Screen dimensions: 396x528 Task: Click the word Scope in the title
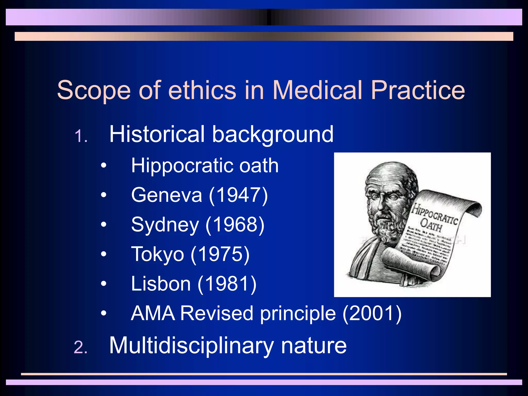[x=94, y=90]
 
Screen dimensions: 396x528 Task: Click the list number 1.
[x=80, y=136]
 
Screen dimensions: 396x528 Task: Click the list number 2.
[x=80, y=348]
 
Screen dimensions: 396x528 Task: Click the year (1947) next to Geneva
[x=238, y=195]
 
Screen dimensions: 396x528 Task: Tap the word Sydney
[x=165, y=225]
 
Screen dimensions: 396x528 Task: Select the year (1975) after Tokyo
[x=220, y=254]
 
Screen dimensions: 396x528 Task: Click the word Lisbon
[x=161, y=284]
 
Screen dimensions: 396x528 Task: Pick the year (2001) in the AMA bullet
[x=372, y=313]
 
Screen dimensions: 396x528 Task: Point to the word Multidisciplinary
[x=191, y=345]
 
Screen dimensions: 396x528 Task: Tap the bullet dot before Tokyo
[x=104, y=254]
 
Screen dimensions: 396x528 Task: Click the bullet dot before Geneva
[x=104, y=195]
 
